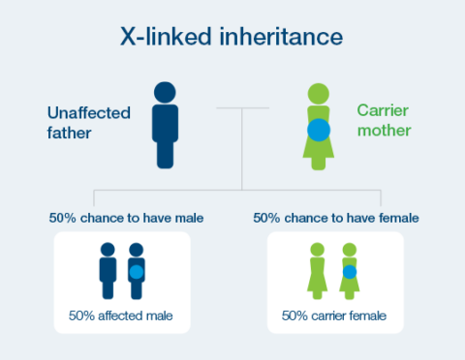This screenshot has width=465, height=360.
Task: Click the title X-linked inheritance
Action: coord(232,38)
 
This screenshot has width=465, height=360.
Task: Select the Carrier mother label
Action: coord(385,121)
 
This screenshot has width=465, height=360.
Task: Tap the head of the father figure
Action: coord(166,94)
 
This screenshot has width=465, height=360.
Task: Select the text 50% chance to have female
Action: coord(336,219)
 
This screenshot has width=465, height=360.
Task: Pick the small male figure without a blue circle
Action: coord(108,272)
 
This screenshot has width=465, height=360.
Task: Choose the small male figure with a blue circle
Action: coord(136,272)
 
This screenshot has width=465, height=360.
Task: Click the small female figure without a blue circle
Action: coord(317,272)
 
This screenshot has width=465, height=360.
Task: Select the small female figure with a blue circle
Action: coord(349,272)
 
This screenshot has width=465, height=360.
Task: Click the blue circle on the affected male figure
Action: coord(137,272)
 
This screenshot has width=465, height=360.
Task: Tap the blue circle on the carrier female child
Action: coord(349,272)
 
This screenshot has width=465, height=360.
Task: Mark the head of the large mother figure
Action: coord(320,94)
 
